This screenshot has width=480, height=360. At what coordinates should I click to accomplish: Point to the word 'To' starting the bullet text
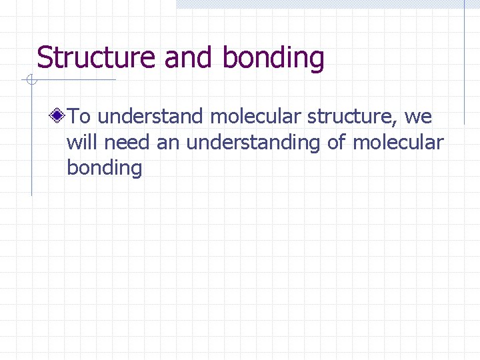(79, 117)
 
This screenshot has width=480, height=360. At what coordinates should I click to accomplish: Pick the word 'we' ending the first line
(418, 117)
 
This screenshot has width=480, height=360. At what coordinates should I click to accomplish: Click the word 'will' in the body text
(79, 143)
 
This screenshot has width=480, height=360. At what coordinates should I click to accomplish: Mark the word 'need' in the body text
(125, 143)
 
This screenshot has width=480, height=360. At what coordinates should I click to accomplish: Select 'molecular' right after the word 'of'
(398, 143)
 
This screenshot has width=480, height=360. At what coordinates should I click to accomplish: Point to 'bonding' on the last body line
(105, 168)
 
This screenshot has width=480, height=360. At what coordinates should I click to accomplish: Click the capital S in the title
(45, 58)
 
